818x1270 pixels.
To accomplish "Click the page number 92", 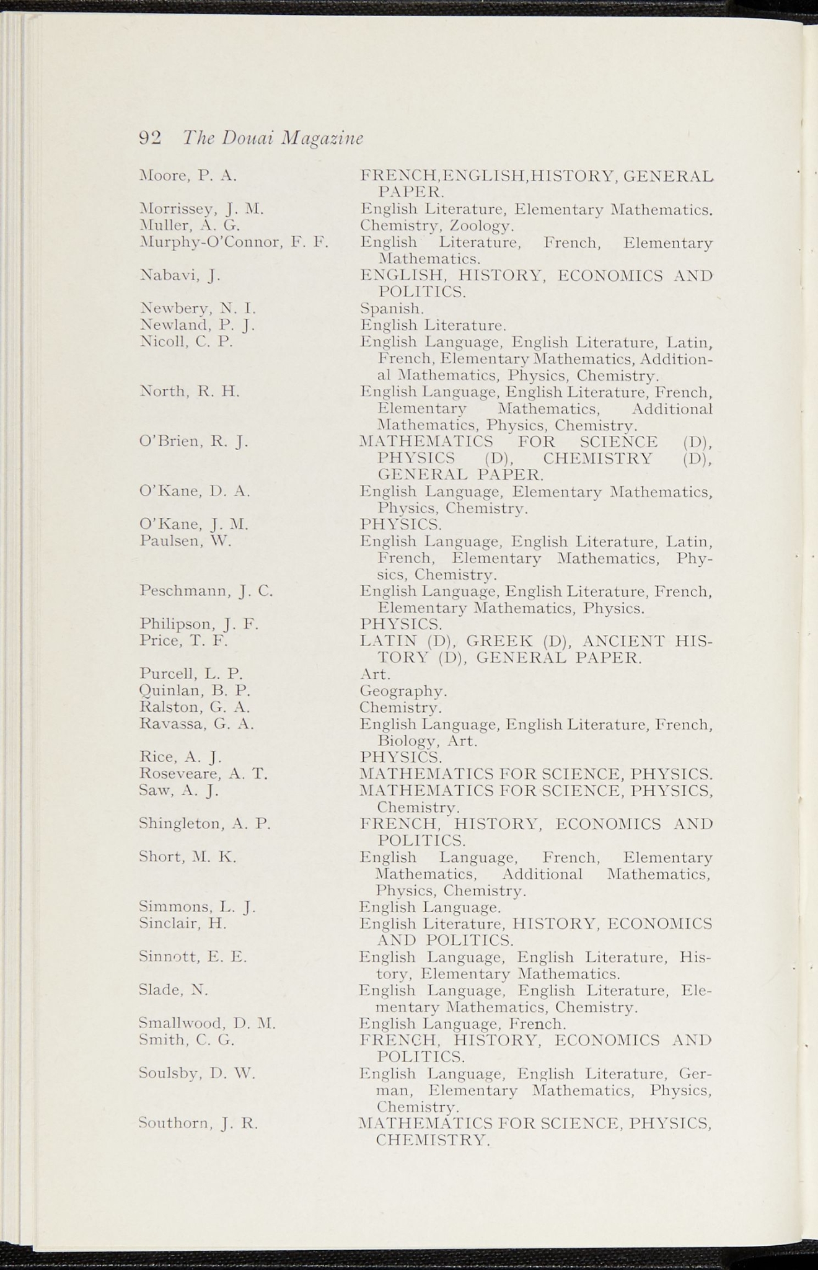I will (x=150, y=138).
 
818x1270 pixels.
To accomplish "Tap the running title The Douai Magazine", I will (x=273, y=138).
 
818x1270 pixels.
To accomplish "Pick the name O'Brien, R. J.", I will (x=194, y=442).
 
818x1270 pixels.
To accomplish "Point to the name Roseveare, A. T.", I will (x=203, y=774).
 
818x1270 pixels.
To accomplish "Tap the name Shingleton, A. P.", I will (x=206, y=824).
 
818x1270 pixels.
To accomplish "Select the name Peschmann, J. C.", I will (x=206, y=591).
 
